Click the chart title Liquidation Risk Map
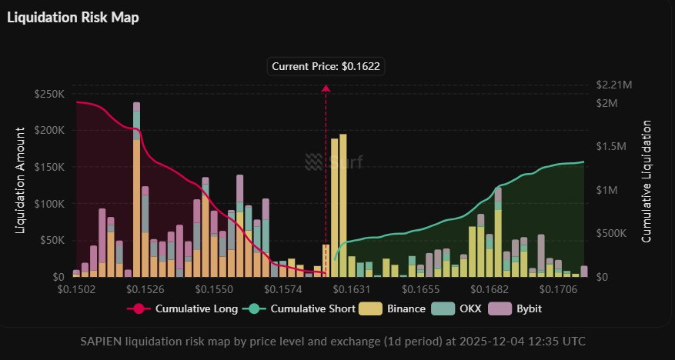click(73, 17)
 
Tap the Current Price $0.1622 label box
click(326, 67)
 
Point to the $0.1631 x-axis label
click(350, 290)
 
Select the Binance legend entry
click(397, 309)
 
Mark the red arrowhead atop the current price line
click(326, 88)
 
